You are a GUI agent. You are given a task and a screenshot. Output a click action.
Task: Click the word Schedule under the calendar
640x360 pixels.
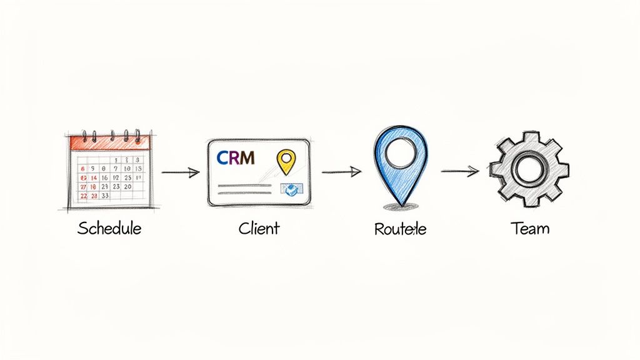pyautogui.click(x=109, y=228)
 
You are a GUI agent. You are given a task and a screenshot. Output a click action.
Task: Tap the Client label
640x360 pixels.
pyautogui.click(x=259, y=228)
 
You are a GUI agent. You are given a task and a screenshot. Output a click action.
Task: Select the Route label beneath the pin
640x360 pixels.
pyautogui.click(x=400, y=229)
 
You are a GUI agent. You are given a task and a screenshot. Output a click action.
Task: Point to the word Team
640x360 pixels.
pyautogui.click(x=529, y=228)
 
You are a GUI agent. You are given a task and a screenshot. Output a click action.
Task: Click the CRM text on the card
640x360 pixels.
pyautogui.click(x=236, y=158)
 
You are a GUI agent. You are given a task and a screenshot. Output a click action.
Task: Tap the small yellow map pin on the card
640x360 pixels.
pyautogui.click(x=285, y=161)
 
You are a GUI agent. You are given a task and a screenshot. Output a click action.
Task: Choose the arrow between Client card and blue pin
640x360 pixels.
pyautogui.click(x=341, y=171)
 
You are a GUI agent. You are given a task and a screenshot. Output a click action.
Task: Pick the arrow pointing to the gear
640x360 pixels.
pyautogui.click(x=460, y=171)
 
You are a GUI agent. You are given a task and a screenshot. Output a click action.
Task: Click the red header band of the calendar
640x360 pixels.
pyautogui.click(x=110, y=142)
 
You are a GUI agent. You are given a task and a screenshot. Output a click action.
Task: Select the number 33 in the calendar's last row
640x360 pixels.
pyautogui.click(x=105, y=196)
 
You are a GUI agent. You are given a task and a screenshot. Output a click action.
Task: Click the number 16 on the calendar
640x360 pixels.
pyautogui.click(x=105, y=177)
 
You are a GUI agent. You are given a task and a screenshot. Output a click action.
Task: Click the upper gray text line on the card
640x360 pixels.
pyautogui.click(x=244, y=185)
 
